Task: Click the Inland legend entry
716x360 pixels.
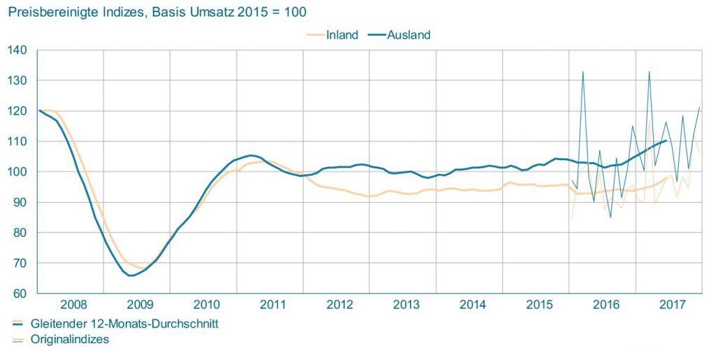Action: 342,35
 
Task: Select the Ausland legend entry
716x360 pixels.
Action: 409,35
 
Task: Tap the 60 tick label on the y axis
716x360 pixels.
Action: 20,294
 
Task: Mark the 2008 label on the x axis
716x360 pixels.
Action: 74,304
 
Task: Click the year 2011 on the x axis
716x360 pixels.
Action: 273,304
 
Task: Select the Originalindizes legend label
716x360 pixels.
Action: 70,339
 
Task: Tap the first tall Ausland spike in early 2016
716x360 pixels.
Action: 583,71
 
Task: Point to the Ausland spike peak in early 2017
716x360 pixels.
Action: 650,71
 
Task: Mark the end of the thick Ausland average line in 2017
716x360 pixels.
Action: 666,141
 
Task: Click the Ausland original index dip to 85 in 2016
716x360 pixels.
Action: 610,217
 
